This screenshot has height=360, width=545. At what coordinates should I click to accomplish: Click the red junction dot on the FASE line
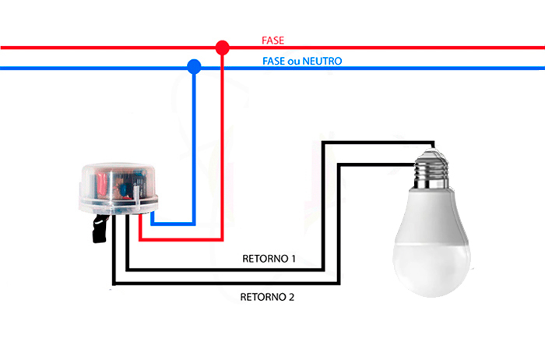coord(222,48)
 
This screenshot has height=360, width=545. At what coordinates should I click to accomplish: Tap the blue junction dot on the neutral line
coord(194,68)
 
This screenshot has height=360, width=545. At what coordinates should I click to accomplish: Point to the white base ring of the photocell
coord(117,206)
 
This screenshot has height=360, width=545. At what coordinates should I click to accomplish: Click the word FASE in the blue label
coord(274,60)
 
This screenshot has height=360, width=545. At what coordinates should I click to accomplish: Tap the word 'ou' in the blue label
coord(295,60)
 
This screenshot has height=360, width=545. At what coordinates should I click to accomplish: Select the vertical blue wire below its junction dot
coord(194,148)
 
